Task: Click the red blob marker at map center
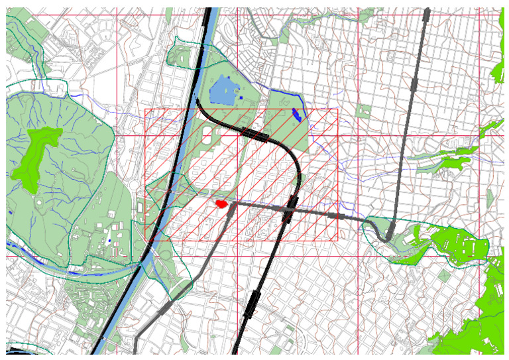(x=221, y=204)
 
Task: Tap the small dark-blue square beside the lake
(x=242, y=98)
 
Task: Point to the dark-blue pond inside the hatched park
(x=297, y=115)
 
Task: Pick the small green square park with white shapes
(x=363, y=110)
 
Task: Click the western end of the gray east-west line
(x=232, y=204)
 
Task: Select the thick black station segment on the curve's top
(x=255, y=135)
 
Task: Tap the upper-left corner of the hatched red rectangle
(x=145, y=109)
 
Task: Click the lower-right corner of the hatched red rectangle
(x=337, y=240)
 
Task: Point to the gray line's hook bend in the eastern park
(x=384, y=235)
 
